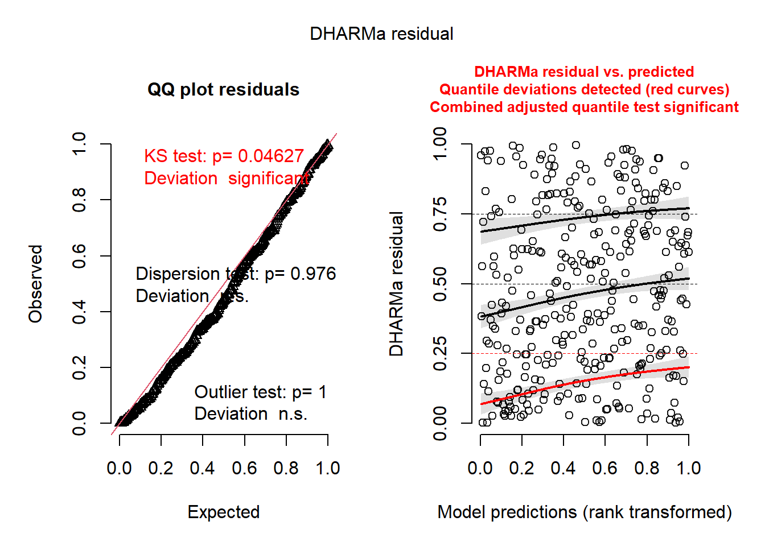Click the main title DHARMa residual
381,34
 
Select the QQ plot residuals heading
223,90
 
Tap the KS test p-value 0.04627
271,156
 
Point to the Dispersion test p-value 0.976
313,274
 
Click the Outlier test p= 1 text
260,392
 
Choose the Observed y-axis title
36,284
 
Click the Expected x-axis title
224,512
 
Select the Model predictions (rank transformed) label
585,512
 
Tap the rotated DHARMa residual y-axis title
396,284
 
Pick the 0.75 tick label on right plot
440,214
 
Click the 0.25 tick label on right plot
440,354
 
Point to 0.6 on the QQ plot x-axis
244,468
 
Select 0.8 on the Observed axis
79,200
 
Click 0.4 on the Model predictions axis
563,468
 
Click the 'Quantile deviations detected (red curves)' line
584,89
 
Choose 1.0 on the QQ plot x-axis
328,468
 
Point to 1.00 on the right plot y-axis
440,144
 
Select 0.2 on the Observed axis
79,367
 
